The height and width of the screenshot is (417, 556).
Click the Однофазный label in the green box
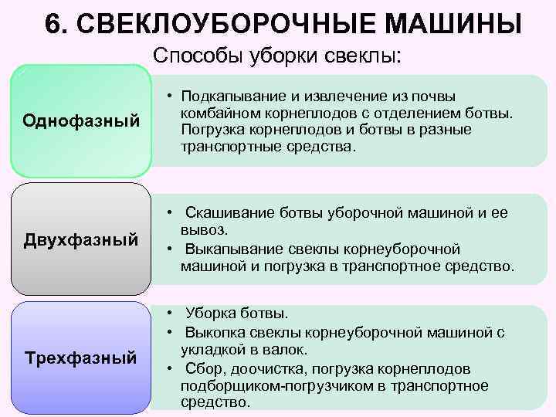point(81,121)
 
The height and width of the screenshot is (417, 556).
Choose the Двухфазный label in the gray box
point(81,239)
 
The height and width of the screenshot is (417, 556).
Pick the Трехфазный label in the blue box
point(81,358)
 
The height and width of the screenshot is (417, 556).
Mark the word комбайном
point(214,114)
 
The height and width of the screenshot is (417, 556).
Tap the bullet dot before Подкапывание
point(169,97)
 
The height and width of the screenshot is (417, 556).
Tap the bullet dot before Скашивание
point(169,213)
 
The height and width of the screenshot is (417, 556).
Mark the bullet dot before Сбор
point(169,368)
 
